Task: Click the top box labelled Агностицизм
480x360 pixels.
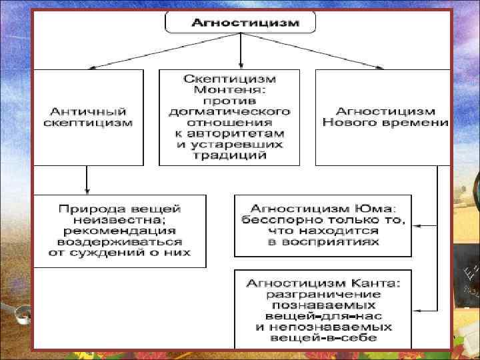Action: coord(240,22)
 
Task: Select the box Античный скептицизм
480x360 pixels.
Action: coord(87,117)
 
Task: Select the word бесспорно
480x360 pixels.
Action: coord(287,219)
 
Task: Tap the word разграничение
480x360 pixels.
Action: coord(323,293)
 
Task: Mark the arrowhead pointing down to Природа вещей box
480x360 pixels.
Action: coord(87,189)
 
